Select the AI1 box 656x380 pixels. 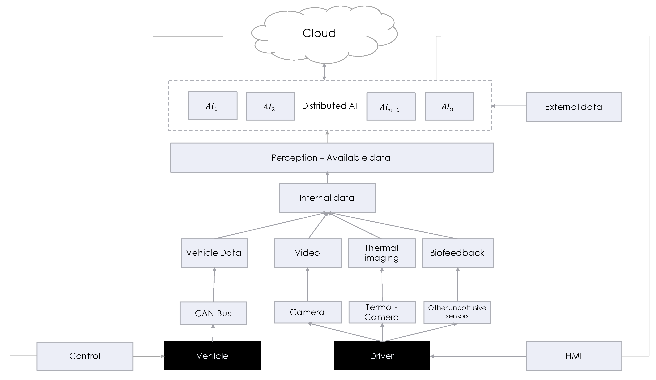213,106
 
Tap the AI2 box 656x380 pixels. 270,106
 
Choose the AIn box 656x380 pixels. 449,106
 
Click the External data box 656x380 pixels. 574,107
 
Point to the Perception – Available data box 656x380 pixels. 332,158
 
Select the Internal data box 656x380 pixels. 327,198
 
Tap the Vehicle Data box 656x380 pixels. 214,253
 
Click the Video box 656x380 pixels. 307,253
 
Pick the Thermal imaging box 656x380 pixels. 382,253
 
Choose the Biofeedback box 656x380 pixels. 457,253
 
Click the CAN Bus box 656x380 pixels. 213,313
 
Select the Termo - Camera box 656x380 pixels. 382,312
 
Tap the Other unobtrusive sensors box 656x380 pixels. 457,312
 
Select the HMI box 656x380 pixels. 574,356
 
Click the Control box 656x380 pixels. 85,356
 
